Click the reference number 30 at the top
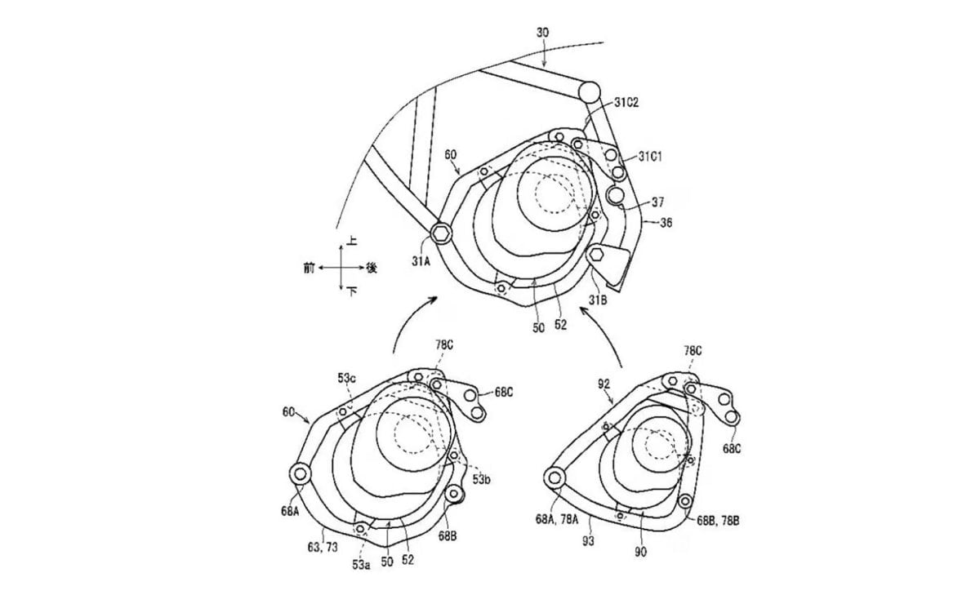coord(542,33)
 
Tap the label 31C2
coord(626,102)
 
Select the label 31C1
coord(650,157)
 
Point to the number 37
coord(657,202)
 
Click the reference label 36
coord(666,223)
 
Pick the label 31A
coord(421,261)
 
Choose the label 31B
coord(598,300)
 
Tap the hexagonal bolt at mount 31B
coord(597,254)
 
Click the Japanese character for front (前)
coord(309,268)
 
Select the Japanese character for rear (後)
coord(372,268)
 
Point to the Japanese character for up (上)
coord(351,242)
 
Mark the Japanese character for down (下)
coord(352,291)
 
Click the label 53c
coord(346,378)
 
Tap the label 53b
coord(481,480)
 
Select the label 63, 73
coord(323,547)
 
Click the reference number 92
coord(604,384)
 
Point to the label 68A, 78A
coord(557,519)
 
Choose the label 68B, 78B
coord(718,521)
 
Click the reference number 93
coord(589,541)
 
